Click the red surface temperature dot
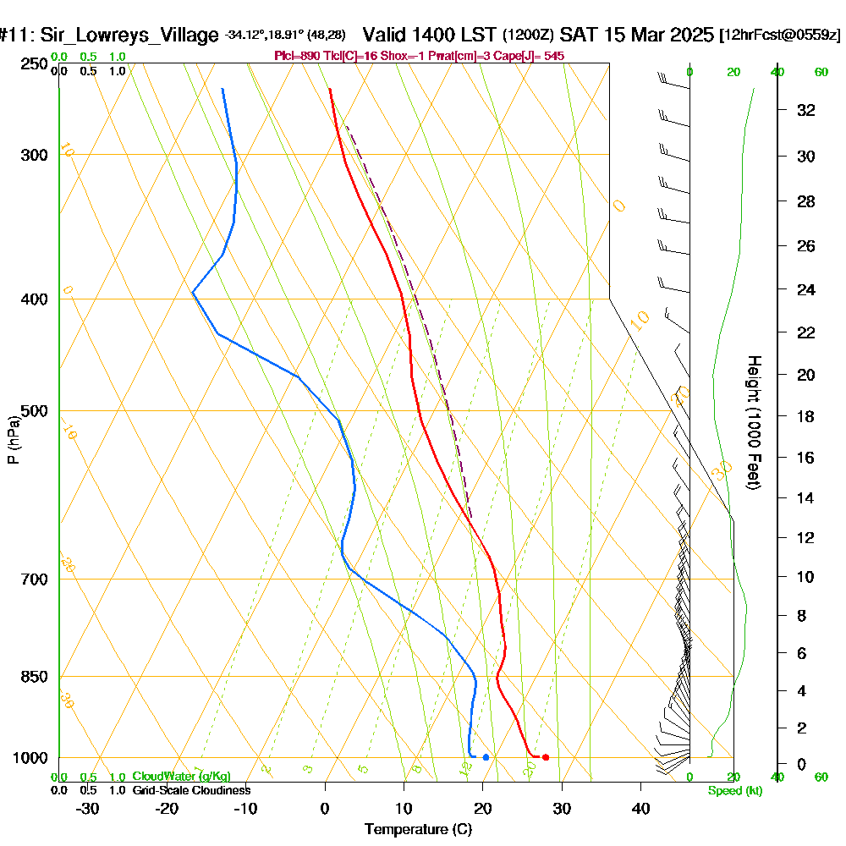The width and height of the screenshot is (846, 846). click(545, 757)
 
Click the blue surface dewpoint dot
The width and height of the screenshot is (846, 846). click(486, 757)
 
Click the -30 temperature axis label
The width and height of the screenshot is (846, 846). click(88, 808)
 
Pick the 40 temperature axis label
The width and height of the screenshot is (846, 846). click(640, 808)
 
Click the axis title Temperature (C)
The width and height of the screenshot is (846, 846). click(418, 829)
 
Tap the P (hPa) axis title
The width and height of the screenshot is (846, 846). click(13, 440)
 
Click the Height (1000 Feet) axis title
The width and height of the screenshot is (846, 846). click(754, 422)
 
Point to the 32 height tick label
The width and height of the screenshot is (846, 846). click(806, 110)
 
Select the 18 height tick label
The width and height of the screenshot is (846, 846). click(806, 416)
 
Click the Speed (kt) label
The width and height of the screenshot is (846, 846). click(735, 791)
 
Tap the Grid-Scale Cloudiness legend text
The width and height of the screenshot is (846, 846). click(191, 790)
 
